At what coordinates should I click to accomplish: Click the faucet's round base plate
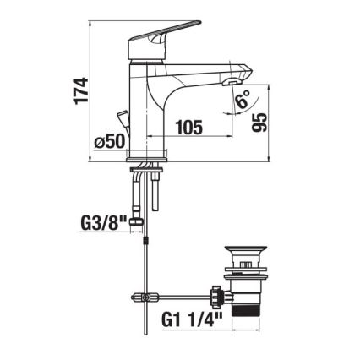click(150, 159)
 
